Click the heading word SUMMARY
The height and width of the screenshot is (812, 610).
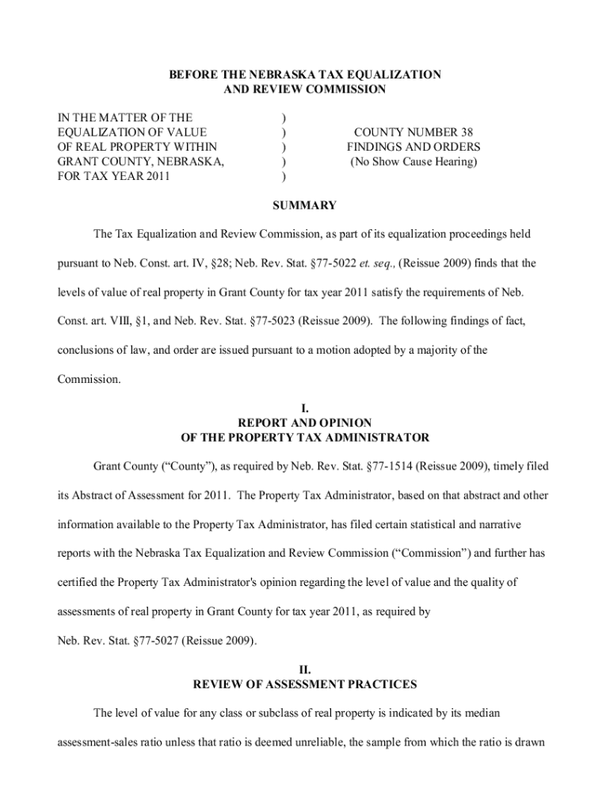(x=304, y=205)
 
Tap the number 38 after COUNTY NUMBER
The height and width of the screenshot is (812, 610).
(x=472, y=132)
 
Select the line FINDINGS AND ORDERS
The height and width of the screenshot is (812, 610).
(x=413, y=147)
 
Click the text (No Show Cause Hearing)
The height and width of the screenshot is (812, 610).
(x=413, y=162)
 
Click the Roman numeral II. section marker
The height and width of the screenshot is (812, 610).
(x=305, y=669)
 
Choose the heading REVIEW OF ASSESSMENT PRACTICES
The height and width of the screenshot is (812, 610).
(x=305, y=684)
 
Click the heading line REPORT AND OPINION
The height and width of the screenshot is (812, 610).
(x=305, y=423)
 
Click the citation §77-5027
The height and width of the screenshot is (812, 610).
(x=141, y=641)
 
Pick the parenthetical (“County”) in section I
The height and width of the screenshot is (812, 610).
(x=181, y=466)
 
